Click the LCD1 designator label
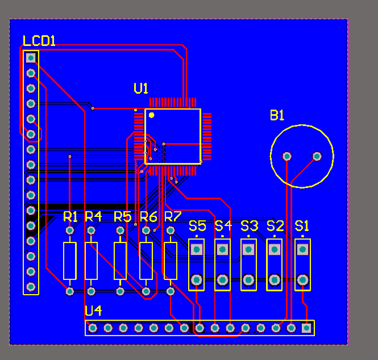point(39,41)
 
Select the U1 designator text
point(141,88)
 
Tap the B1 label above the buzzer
point(277,115)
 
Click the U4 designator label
point(93,311)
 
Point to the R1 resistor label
point(70,216)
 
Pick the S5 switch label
point(197,225)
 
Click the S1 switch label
point(302,225)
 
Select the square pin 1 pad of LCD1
point(31,57)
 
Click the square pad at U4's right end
point(307,328)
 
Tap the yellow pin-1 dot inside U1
point(152,115)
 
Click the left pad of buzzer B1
point(287,156)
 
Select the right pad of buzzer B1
point(317,156)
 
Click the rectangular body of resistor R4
point(91,261)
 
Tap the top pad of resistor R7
point(171,231)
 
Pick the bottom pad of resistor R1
point(69,291)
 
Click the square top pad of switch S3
point(248,249)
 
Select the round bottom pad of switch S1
point(302,279)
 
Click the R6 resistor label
point(148,216)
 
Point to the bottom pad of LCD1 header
point(31,286)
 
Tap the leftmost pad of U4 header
point(92,328)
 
